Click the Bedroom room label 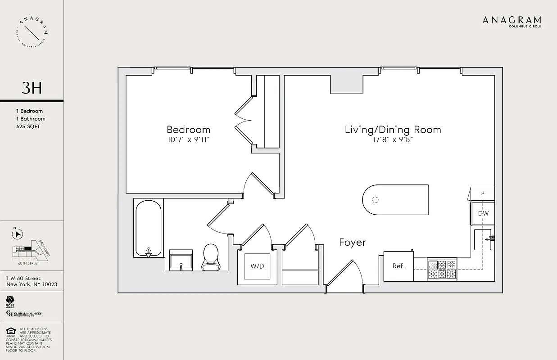tap(188, 130)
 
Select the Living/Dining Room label tap(393, 130)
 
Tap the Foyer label tap(352, 242)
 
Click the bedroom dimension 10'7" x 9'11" tap(188, 140)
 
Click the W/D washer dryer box tap(257, 266)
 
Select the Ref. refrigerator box tap(399, 266)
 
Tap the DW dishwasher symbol tap(483, 213)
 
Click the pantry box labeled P tap(482, 193)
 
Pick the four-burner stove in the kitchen tap(442, 269)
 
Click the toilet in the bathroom tap(210, 258)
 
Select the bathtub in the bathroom tap(148, 228)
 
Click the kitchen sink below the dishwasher tap(484, 239)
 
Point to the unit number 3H tap(32, 88)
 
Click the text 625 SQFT tap(28, 126)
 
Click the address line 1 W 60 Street tap(23, 278)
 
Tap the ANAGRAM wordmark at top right tap(512, 20)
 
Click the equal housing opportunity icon tap(10, 332)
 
